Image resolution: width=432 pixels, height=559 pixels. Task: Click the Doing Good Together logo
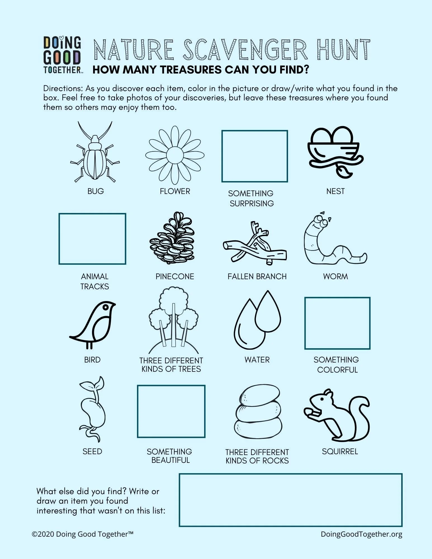tap(62, 55)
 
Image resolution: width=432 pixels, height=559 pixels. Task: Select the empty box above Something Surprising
tap(254, 156)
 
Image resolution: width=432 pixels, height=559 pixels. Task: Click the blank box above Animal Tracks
tap(92, 239)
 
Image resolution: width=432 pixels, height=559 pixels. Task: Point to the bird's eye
tap(106, 307)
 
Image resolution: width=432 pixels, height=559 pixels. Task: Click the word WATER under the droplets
tap(257, 360)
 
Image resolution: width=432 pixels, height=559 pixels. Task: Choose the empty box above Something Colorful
tap(337, 323)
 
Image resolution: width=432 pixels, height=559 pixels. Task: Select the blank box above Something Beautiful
tap(171, 411)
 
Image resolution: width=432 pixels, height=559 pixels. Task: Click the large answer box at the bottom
tap(290, 500)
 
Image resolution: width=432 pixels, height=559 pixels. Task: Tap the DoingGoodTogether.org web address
tap(361, 534)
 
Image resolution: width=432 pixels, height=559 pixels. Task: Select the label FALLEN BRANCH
tap(257, 276)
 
